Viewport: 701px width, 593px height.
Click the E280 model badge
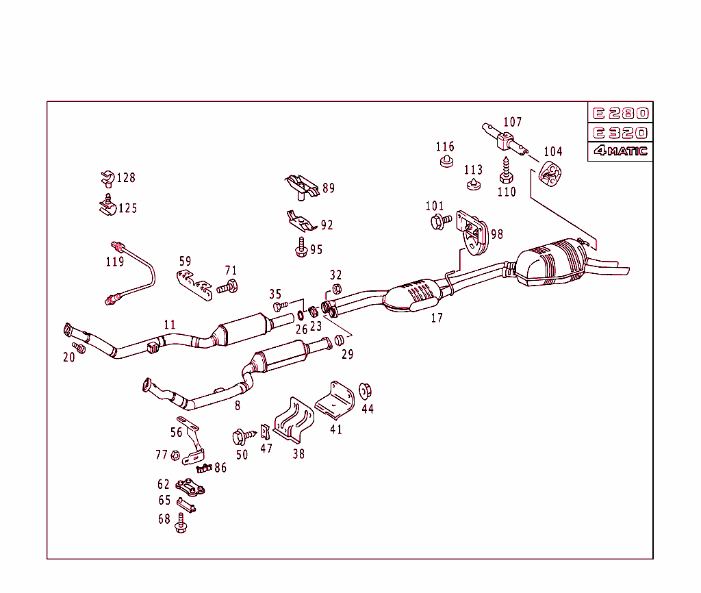(620, 114)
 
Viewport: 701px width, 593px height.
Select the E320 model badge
(620, 133)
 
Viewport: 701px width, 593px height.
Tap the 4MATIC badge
(620, 151)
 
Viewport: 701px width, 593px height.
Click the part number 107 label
(513, 123)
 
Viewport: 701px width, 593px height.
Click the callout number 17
(437, 318)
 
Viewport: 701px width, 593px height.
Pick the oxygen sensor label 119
(114, 262)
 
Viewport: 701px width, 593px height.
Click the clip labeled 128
(106, 179)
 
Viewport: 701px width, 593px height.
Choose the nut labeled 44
(366, 390)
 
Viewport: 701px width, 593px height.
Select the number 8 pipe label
(238, 405)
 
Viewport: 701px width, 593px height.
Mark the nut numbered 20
(79, 349)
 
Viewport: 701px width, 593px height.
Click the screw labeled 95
(301, 247)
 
